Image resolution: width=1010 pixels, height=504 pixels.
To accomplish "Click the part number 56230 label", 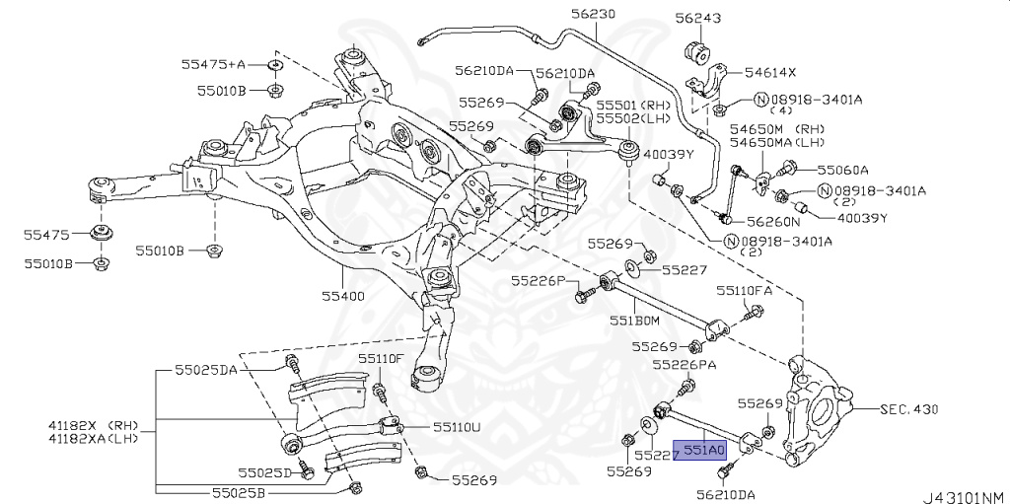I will [x=592, y=14].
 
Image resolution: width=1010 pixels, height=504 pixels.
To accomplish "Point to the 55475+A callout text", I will [x=212, y=64].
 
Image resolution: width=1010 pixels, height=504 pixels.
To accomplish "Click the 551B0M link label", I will [x=633, y=320].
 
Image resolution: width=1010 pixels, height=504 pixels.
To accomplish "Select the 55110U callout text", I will [x=457, y=427].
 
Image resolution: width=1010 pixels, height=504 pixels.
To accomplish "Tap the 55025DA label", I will [x=206, y=370].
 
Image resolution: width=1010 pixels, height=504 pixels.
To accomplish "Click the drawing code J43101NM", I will [x=963, y=495].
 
